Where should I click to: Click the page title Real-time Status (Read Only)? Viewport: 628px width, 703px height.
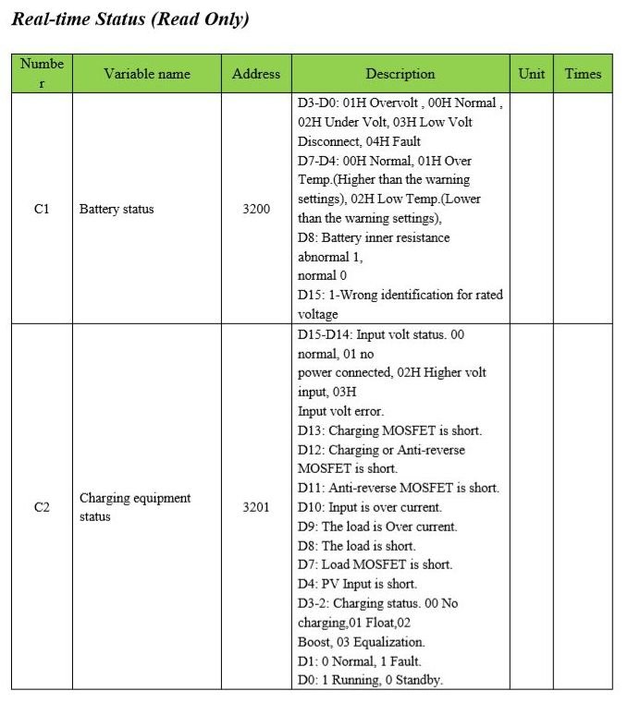coord(129,19)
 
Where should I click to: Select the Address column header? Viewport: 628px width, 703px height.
coord(256,74)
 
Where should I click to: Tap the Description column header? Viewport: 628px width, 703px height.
coord(400,74)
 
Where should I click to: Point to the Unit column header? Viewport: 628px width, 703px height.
coord(532,74)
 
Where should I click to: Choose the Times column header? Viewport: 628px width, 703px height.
coord(583,74)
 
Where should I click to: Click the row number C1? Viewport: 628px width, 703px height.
coord(42,209)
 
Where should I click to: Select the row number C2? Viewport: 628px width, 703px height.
coord(42,507)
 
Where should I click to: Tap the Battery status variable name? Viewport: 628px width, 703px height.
coord(117,209)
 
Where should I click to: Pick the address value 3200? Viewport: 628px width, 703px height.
coord(256,209)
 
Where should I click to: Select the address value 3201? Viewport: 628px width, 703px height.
coord(256,507)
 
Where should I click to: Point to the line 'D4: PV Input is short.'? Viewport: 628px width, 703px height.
coord(357,584)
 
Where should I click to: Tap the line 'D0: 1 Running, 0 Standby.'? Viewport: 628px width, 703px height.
coord(370,681)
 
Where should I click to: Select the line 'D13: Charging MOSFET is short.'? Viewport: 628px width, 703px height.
coord(389,430)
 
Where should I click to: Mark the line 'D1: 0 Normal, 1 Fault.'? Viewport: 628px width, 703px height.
coord(359,661)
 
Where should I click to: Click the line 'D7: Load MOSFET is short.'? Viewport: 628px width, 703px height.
coord(375,564)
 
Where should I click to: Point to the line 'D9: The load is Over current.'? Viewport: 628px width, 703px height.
coord(376,527)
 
